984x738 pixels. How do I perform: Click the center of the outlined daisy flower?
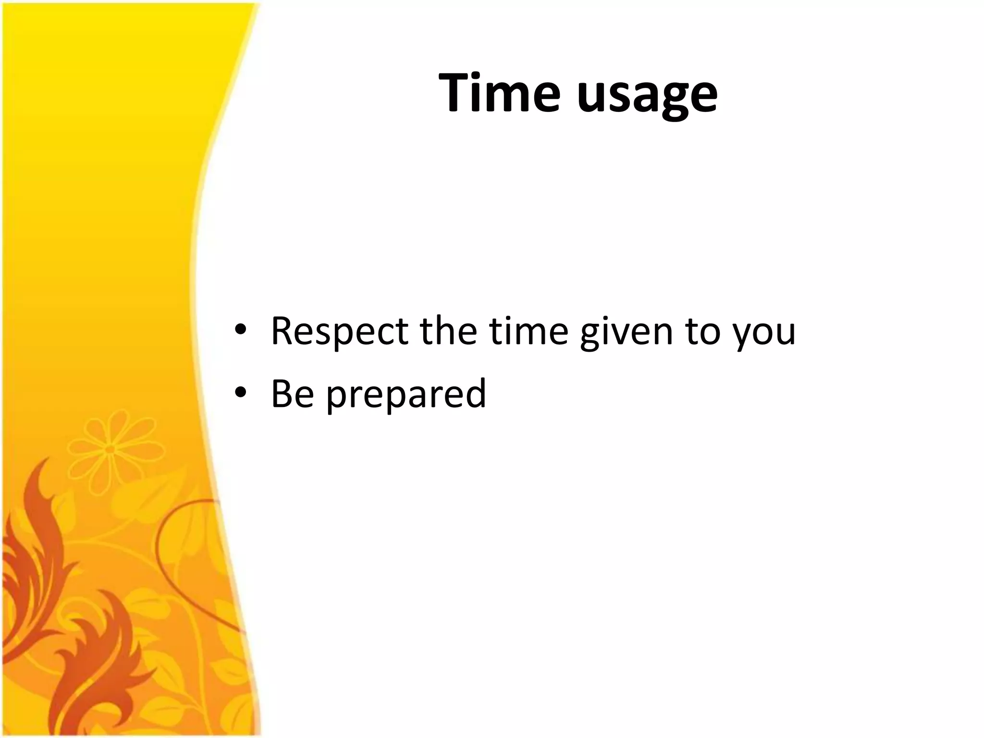[x=110, y=449]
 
